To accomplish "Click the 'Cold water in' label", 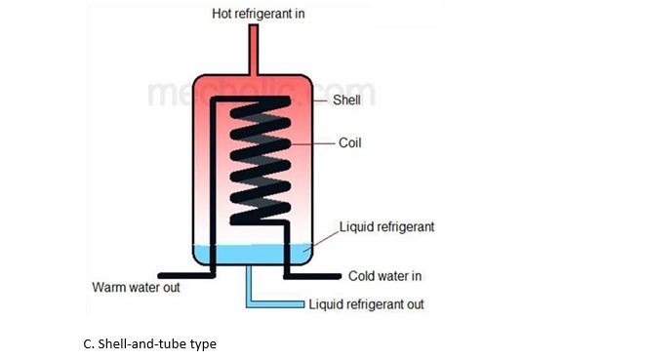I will pos(386,276).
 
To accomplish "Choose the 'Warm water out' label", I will pos(136,288).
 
